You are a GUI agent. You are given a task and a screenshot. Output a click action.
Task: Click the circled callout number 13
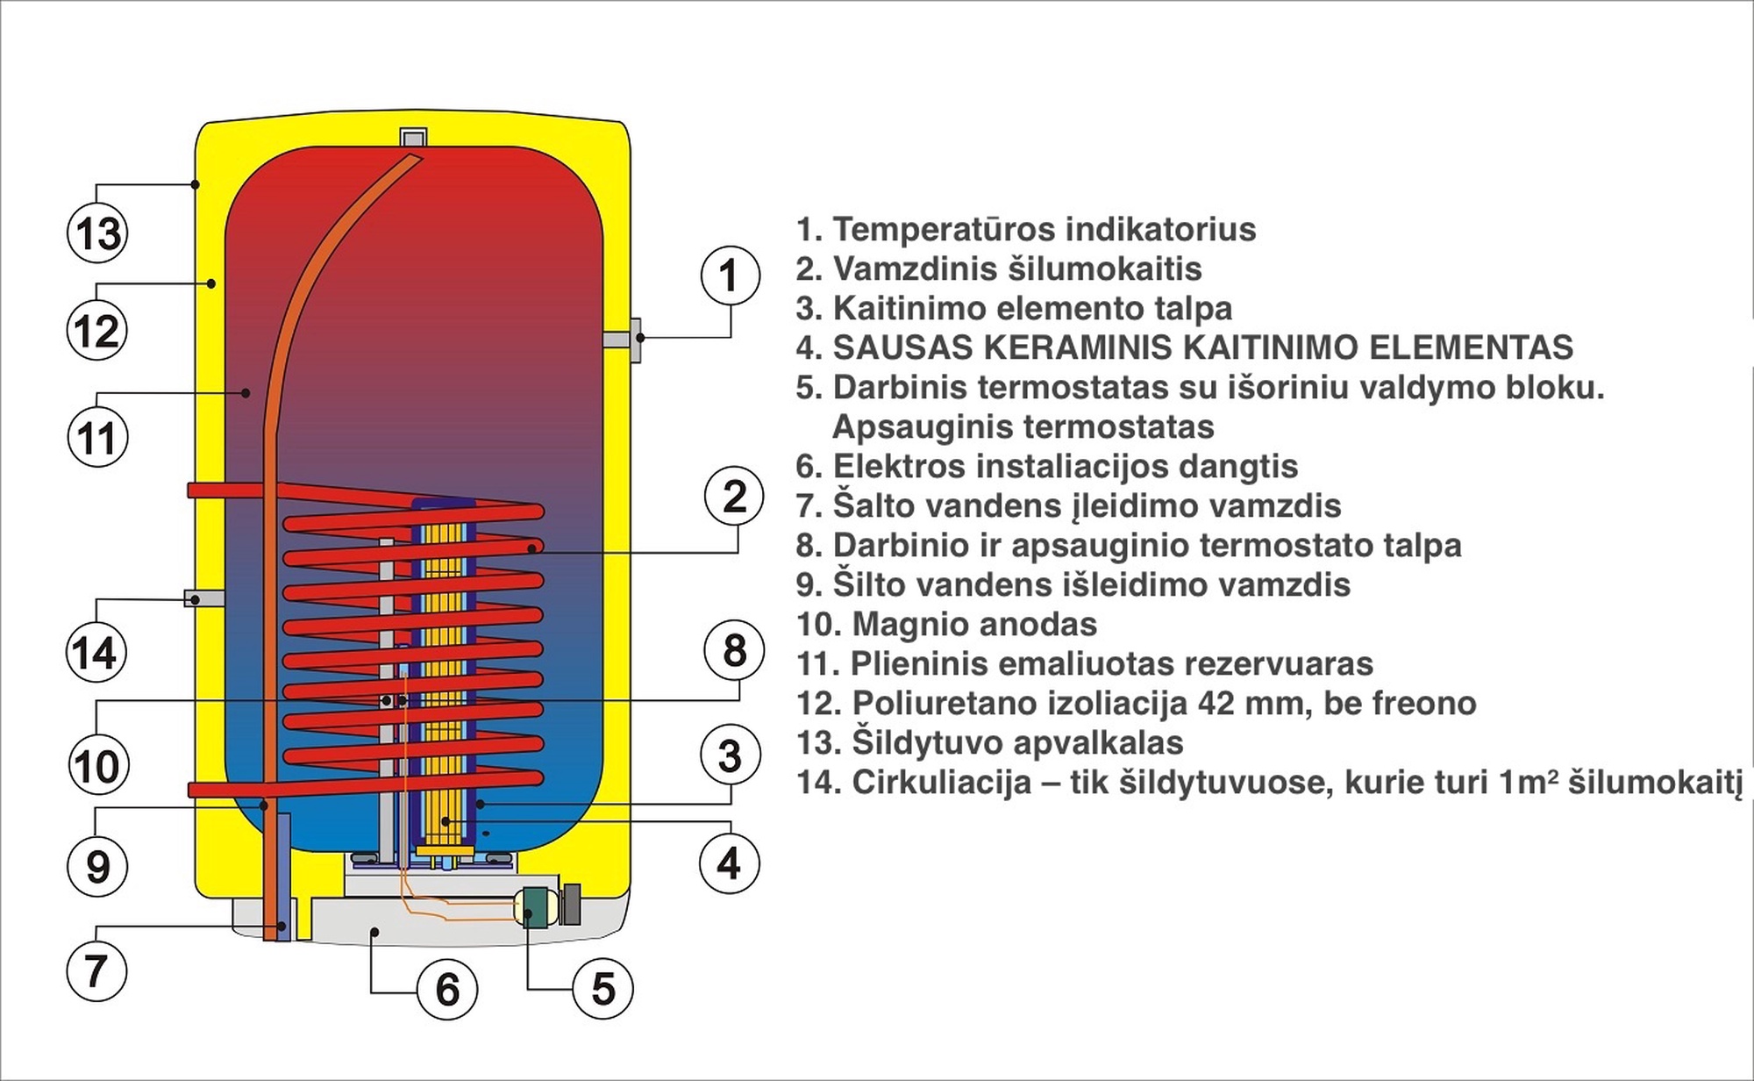tap(97, 233)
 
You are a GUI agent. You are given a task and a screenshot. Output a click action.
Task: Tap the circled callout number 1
tap(730, 276)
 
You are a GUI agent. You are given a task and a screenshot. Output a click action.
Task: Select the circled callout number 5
tap(602, 989)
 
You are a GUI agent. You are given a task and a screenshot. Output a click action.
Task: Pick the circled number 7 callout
tap(96, 970)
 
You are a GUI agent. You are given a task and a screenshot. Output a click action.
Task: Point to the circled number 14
tap(96, 653)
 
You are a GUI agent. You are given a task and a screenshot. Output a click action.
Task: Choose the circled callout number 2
tap(734, 496)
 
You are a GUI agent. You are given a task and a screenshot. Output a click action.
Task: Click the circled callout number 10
tap(97, 766)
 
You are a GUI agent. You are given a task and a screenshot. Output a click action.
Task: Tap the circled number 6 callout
tap(447, 990)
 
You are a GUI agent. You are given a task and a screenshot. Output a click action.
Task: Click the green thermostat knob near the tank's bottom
tap(534, 907)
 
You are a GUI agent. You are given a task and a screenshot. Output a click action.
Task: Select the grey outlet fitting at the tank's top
tap(413, 138)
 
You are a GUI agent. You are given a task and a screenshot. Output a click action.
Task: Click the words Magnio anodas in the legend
tap(973, 625)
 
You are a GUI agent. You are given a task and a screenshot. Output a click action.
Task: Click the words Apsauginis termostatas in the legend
tap(1023, 427)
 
